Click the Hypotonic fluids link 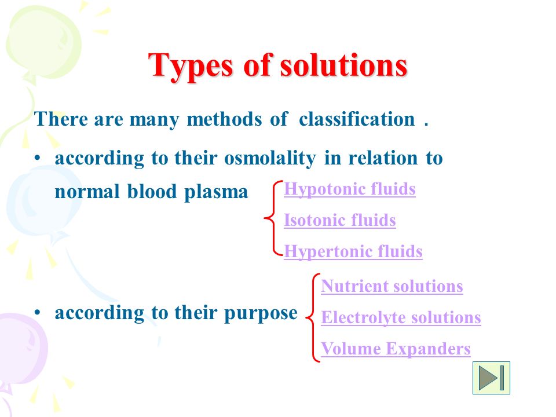[350, 189]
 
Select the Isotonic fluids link [340, 220]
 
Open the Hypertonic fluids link [353, 252]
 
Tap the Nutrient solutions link [392, 286]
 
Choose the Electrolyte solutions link [401, 318]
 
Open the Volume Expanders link [396, 349]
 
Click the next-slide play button [491, 378]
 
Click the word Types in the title [191, 66]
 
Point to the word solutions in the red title [343, 65]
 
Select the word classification [357, 119]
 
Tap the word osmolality [270, 158]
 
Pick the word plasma [216, 192]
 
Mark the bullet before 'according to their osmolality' [38, 158]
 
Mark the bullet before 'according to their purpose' [38, 312]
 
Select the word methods [224, 119]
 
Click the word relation [383, 158]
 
